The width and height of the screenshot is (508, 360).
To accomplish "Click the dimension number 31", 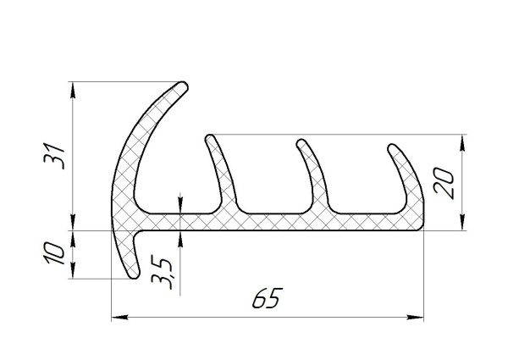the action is pos(55,156).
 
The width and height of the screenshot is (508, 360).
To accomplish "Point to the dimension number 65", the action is pos(265,298).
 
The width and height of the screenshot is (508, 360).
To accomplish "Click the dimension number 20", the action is pos(444,182).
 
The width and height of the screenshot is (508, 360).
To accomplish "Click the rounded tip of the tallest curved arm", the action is pos(183,86).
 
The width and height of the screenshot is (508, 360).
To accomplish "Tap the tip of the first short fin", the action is pos(210,138).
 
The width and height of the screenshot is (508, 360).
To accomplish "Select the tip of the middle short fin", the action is pos(301,143).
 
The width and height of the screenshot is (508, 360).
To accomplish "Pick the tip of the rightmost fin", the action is pos(393,147).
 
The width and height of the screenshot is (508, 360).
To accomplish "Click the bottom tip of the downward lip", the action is pos(134,275).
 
